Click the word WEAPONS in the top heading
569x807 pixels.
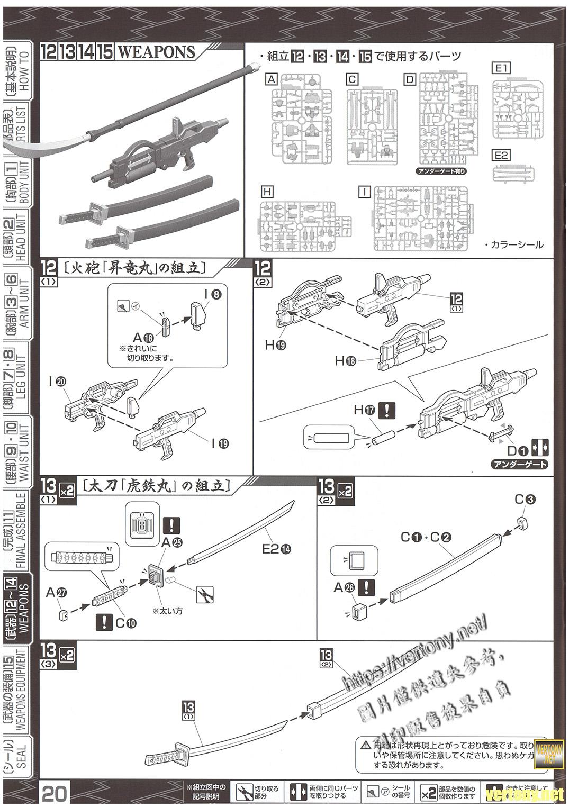click(x=156, y=52)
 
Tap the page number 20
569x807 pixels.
click(x=55, y=794)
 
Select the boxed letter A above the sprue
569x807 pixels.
click(x=272, y=79)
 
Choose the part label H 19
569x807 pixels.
click(x=275, y=345)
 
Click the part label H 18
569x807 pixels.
click(x=345, y=361)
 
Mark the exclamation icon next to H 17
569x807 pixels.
click(x=389, y=410)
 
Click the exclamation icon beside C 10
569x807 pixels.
click(x=105, y=622)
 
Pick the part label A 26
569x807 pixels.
click(x=344, y=587)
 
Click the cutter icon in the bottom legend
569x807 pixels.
click(x=244, y=792)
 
